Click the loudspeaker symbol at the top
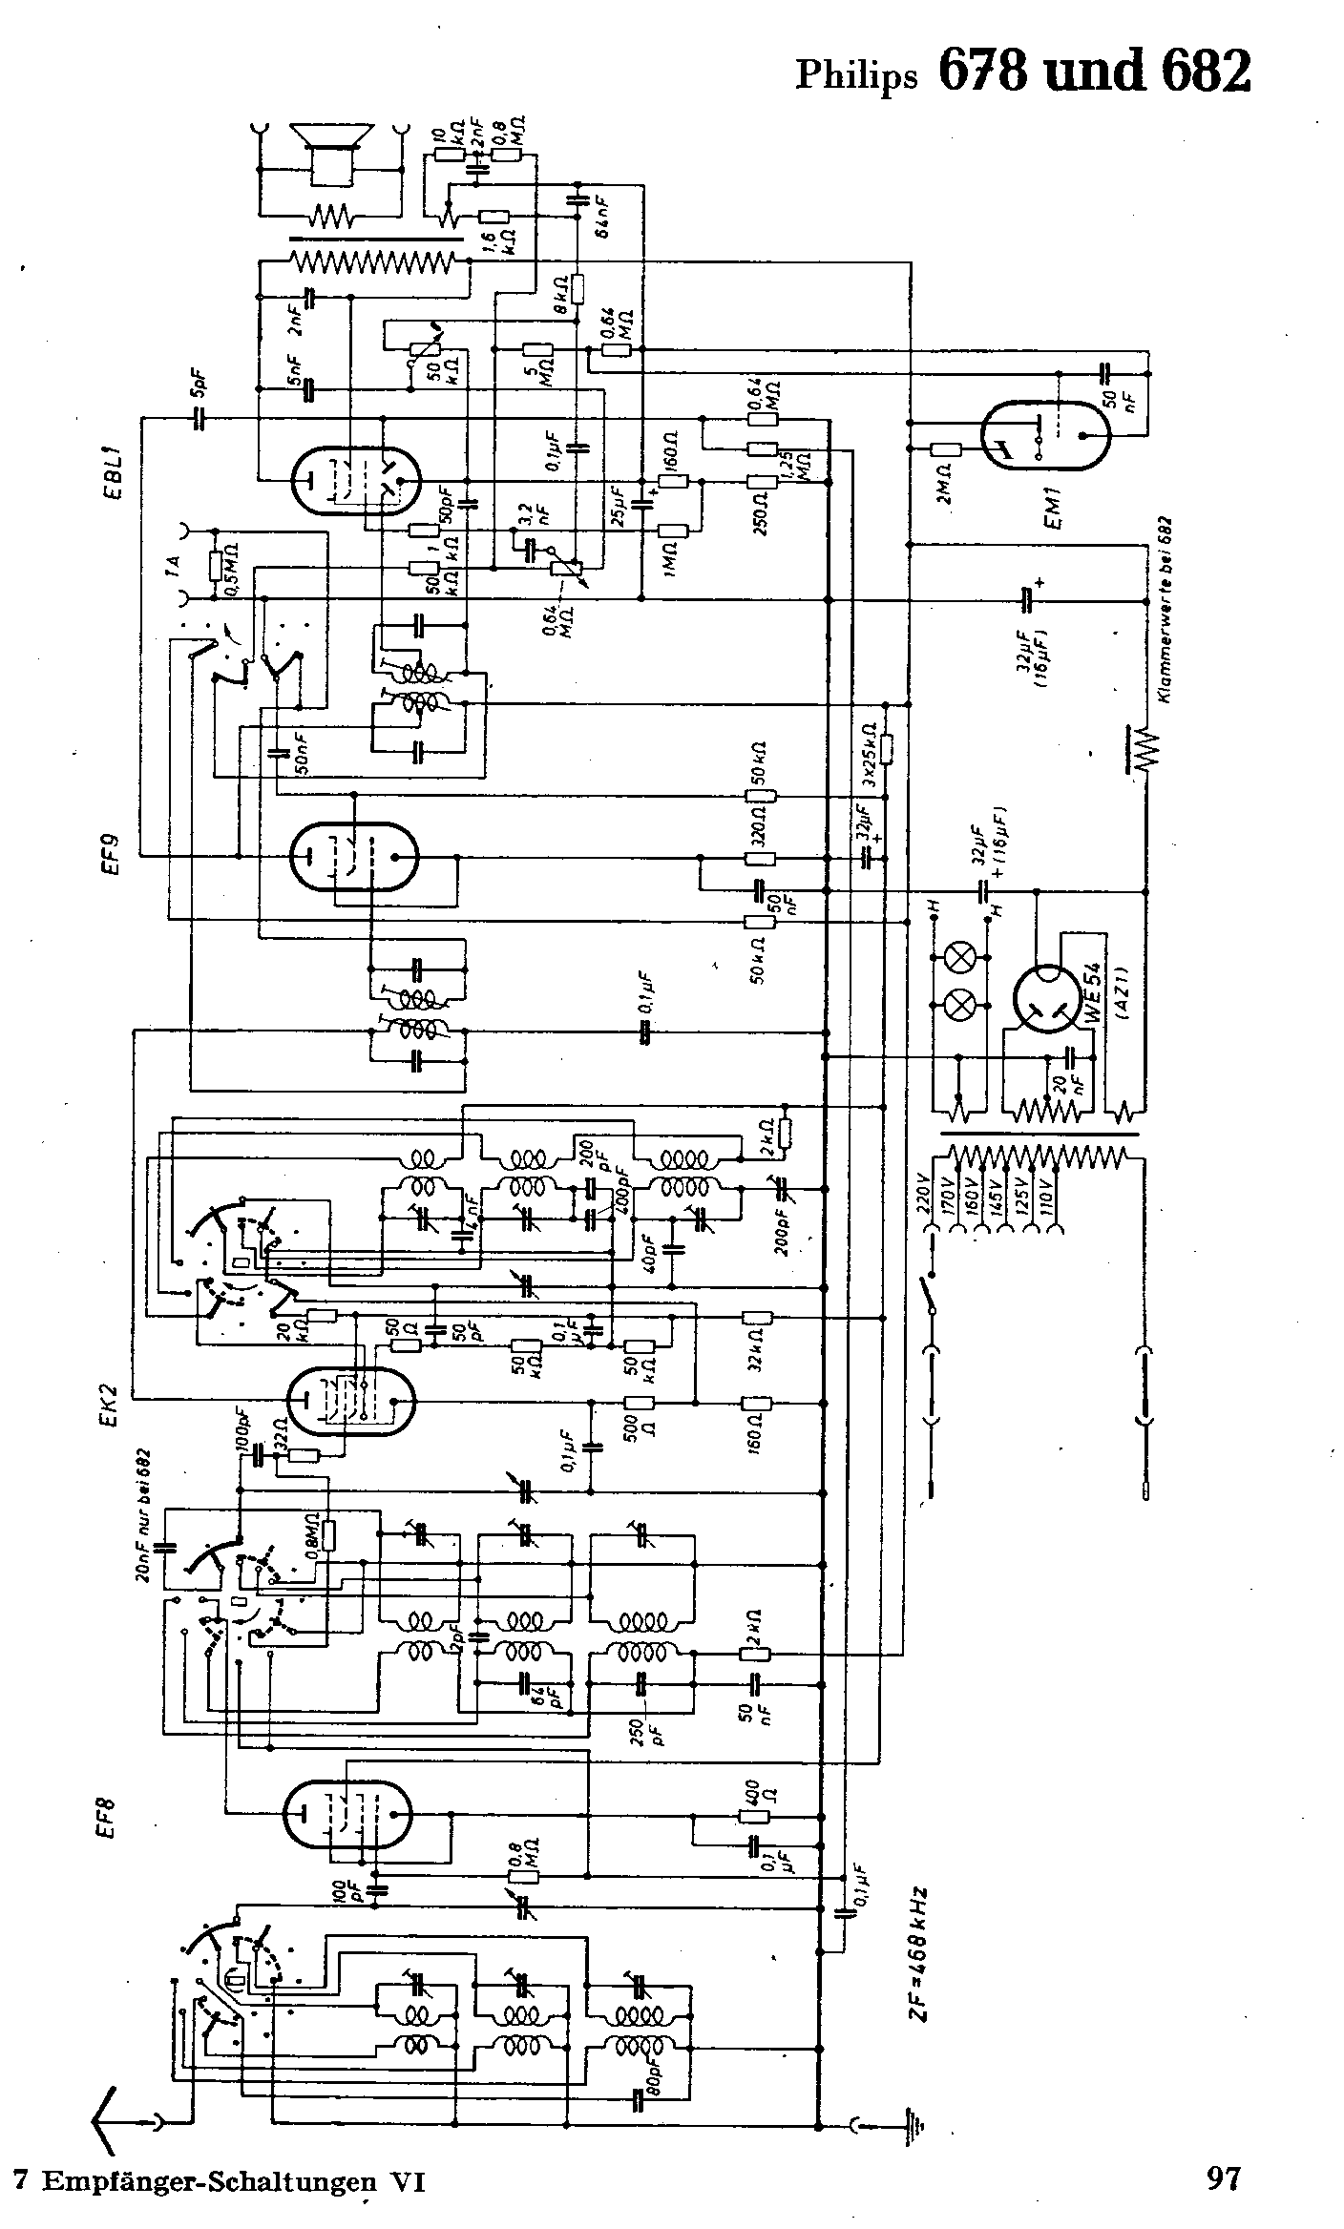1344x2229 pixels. (x=331, y=153)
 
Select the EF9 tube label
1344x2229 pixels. (x=112, y=854)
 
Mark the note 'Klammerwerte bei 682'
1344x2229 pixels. (x=1166, y=612)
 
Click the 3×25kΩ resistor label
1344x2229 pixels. (x=869, y=753)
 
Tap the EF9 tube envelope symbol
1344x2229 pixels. (x=354, y=856)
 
